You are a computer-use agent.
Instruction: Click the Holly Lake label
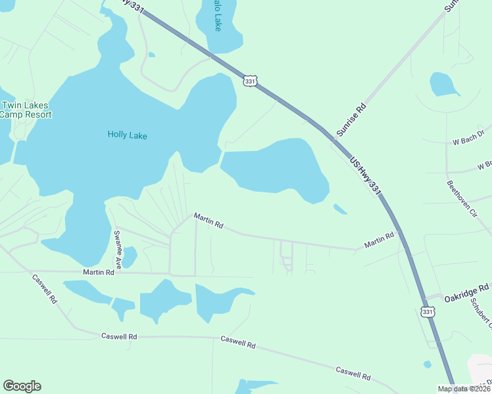pos(127,136)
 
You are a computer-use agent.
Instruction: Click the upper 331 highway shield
pos(249,81)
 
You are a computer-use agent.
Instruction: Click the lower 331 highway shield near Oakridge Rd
pos(428,312)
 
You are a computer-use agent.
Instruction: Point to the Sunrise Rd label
pos(351,119)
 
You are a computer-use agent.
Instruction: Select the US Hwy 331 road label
pos(365,175)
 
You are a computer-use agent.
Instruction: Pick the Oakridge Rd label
pos(466,292)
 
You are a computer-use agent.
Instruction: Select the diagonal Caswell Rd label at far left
pos(45,289)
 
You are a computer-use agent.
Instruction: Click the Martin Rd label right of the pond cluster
pos(209,221)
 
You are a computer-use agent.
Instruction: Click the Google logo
pos(22,386)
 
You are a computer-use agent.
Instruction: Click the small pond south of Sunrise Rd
pos(444,84)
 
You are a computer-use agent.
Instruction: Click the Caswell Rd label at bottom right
pos(353,374)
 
